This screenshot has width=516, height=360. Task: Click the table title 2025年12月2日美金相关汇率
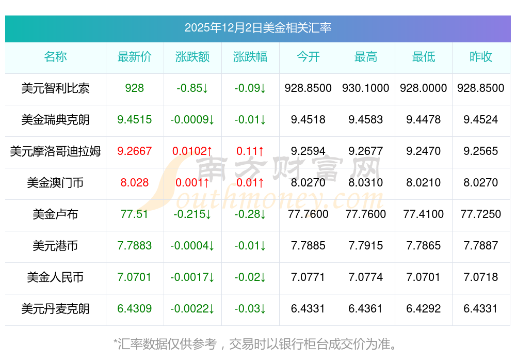[257, 28]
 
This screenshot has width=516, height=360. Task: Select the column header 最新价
[135, 57]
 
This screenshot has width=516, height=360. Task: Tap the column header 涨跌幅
[250, 57]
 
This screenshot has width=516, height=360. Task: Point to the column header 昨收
[481, 57]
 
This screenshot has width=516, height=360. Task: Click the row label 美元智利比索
[55, 88]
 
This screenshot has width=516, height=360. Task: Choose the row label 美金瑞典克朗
[55, 120]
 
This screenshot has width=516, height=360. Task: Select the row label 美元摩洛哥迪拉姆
[55, 151]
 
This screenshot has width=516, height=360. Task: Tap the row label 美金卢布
[55, 214]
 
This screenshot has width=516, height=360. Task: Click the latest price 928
[135, 88]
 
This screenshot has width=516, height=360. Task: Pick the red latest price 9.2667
[135, 151]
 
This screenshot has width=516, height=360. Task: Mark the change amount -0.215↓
[192, 214]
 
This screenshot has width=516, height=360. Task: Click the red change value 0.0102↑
[192, 151]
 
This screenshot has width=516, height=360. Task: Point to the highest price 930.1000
[366, 88]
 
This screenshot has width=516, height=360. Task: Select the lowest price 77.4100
[424, 214]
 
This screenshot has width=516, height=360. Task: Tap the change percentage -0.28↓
[250, 214]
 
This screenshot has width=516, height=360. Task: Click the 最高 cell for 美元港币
[366, 246]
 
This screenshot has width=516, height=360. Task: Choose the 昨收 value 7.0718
[481, 277]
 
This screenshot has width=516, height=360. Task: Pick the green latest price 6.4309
[135, 309]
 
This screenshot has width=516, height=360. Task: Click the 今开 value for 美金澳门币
[308, 183]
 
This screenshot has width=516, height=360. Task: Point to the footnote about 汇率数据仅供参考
[257, 343]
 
